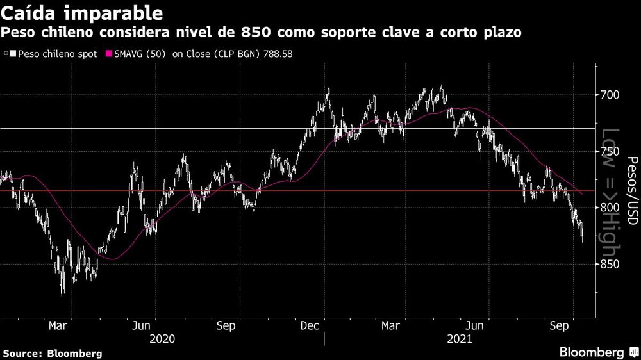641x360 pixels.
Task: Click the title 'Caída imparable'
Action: pyautogui.click(x=81, y=13)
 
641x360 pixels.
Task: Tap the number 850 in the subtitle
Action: pyautogui.click(x=255, y=32)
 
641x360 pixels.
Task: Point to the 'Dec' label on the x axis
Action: pyautogui.click(x=310, y=325)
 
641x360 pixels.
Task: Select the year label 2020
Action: pyautogui.click(x=162, y=339)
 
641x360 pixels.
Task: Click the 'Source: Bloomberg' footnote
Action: pyautogui.click(x=52, y=353)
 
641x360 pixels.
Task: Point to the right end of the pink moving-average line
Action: pyautogui.click(x=582, y=193)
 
